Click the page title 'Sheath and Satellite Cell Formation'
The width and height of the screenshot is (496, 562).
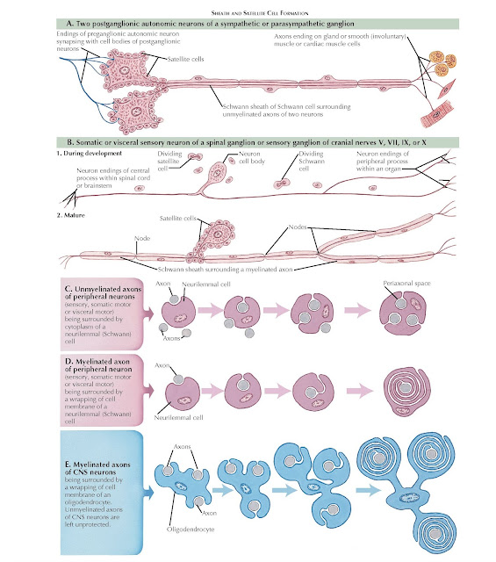click(x=248, y=7)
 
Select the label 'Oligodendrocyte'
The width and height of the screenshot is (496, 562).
click(x=202, y=529)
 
